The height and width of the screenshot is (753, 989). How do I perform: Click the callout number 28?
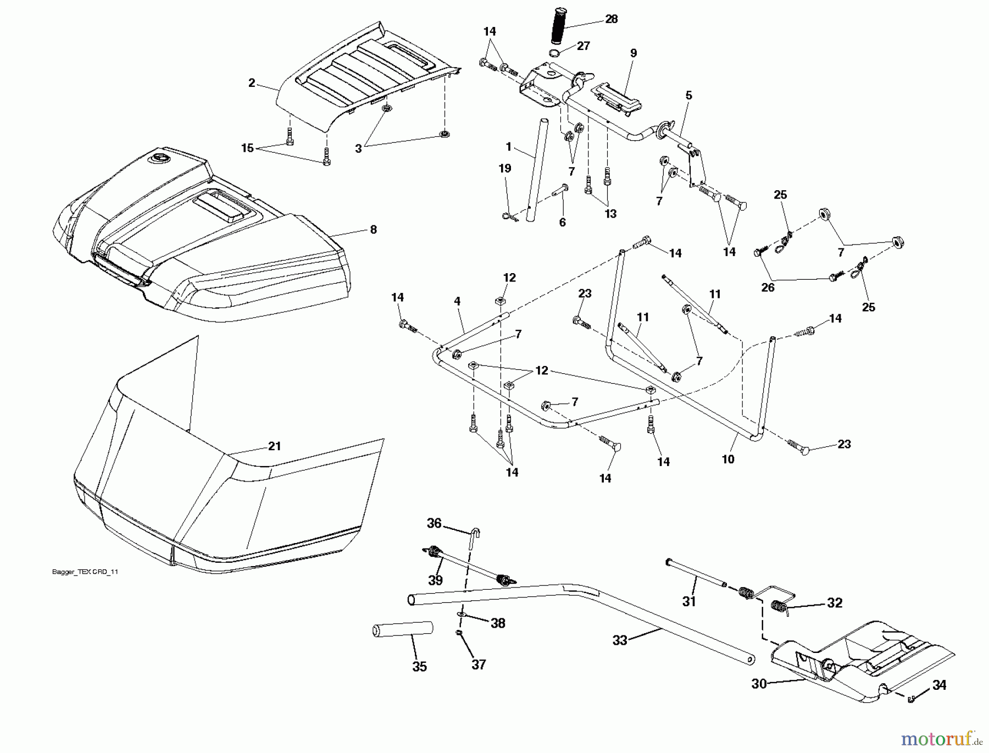pos(611,19)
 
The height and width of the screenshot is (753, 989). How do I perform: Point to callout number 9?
pos(634,53)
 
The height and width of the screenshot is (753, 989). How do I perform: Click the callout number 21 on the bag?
pos(275,446)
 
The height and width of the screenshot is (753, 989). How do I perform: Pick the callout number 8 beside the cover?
pos(374,230)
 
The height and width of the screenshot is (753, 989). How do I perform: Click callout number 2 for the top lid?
pos(252,83)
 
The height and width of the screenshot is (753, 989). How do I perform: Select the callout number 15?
pos(247,148)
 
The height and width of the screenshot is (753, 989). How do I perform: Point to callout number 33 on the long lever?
pos(620,640)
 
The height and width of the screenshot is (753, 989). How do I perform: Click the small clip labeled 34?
pos(912,699)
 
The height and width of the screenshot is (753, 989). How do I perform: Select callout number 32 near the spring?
pos(835,603)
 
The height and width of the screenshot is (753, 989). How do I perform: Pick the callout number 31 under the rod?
pos(689,602)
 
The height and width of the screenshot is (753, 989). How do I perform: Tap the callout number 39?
pos(435,580)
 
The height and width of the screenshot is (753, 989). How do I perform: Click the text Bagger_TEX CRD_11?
pos(85,572)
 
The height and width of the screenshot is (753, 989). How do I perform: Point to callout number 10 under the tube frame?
pos(728,459)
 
